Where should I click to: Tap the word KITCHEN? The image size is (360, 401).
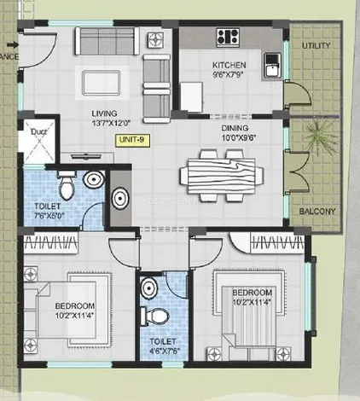tap(229, 63)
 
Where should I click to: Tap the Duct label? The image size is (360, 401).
tap(38, 132)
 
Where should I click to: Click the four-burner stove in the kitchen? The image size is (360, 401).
tap(228, 37)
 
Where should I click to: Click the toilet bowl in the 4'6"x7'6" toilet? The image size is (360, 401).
tap(156, 315)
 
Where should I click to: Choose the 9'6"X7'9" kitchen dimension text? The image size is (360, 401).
tap(229, 74)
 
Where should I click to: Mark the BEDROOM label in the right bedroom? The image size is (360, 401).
tap(254, 292)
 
